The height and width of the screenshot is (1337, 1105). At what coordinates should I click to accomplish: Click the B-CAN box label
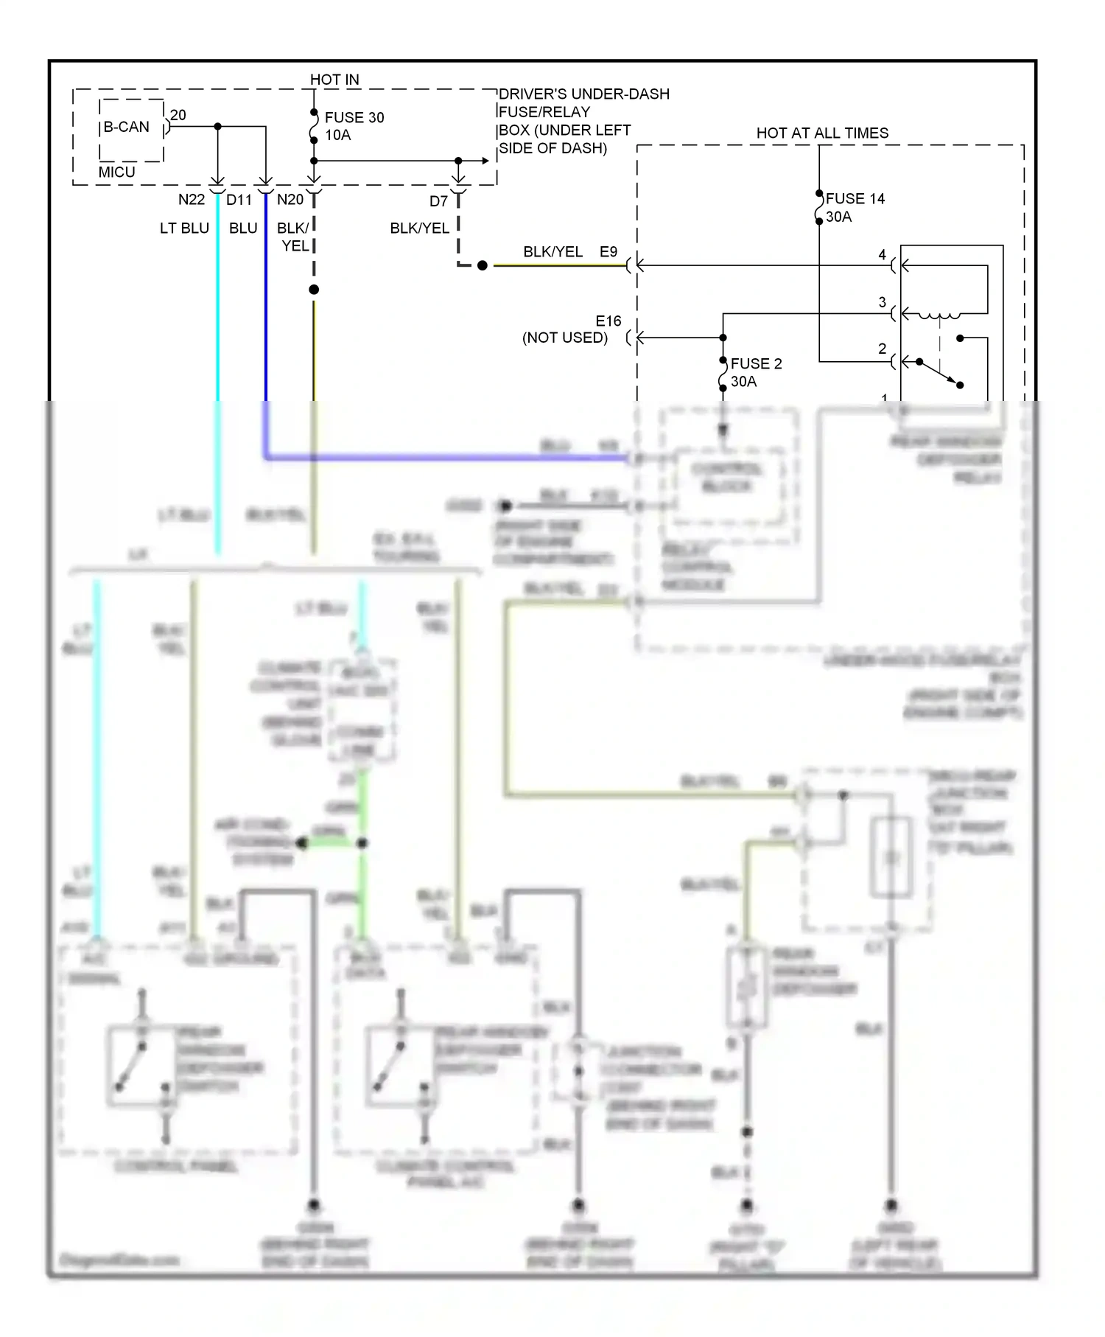click(126, 127)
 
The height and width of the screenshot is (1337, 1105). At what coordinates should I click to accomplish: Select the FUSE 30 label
click(354, 117)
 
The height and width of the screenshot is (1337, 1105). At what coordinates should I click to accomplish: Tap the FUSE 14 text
click(855, 198)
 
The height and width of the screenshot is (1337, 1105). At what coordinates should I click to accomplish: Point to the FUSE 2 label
click(756, 363)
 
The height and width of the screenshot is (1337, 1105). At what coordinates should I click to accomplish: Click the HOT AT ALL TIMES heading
click(822, 133)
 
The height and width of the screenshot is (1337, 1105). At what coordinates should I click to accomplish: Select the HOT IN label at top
click(334, 79)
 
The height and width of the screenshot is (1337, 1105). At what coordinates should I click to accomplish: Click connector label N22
click(192, 200)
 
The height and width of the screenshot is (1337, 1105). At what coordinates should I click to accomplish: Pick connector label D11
click(239, 200)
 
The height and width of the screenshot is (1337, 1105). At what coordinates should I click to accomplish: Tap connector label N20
click(290, 200)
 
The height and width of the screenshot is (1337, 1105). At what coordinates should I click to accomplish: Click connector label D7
click(438, 201)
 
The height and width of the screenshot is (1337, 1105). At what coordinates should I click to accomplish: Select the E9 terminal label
click(608, 252)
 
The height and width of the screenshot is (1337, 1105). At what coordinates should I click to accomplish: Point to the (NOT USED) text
click(565, 338)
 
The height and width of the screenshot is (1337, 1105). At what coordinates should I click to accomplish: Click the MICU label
click(117, 172)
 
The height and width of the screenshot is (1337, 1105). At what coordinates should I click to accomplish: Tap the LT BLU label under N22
click(185, 228)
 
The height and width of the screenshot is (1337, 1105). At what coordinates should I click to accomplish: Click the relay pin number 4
click(882, 255)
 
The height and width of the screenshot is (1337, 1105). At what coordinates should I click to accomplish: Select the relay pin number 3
click(882, 302)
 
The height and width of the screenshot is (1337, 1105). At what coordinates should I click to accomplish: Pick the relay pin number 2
click(882, 349)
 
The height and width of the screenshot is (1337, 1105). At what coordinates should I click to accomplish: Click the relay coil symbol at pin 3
click(939, 316)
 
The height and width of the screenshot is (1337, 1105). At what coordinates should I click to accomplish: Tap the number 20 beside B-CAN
click(178, 115)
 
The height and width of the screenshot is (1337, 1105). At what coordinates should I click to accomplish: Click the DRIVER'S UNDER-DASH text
click(584, 94)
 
